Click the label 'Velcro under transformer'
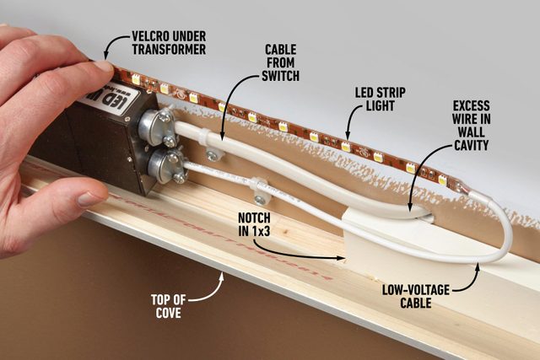(x=169, y=44)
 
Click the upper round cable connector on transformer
(x=155, y=124)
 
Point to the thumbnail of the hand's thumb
(x=92, y=200)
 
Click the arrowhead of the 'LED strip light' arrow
(x=347, y=135)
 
